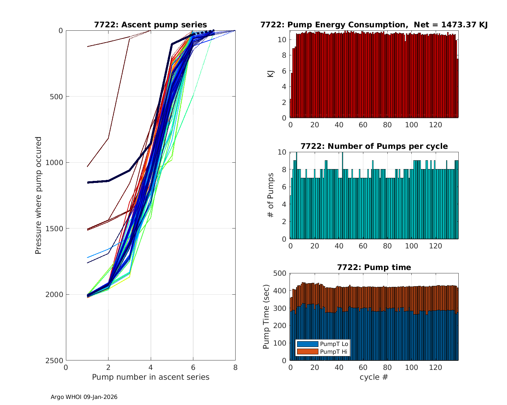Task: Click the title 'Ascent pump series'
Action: [150, 25]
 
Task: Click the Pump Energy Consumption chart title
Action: [374, 25]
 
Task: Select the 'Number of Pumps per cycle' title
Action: [374, 146]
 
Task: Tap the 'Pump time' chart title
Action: [374, 267]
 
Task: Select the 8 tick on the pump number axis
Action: [235, 368]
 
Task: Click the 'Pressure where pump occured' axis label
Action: [38, 195]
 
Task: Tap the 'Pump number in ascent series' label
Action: [150, 377]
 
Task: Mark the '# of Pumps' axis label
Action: [271, 195]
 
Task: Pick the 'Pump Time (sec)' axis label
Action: [266, 317]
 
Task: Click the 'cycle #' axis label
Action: [374, 377]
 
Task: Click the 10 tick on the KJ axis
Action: [282, 40]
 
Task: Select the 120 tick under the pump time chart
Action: [436, 368]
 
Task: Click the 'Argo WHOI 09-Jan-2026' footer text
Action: [84, 397]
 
